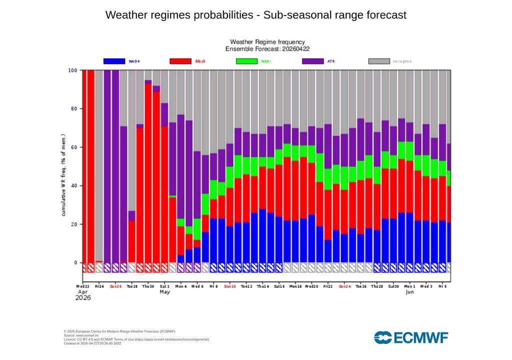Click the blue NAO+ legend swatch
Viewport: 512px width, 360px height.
coord(114,61)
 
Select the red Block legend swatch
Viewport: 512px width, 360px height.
coord(180,61)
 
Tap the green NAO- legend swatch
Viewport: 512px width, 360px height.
coord(246,61)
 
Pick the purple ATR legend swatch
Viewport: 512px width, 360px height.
coord(313,61)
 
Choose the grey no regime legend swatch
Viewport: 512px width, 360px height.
coord(379,61)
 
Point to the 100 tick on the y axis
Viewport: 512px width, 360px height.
coord(73,70)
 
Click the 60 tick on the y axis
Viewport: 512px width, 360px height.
coord(74,147)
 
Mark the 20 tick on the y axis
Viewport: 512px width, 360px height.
coord(74,224)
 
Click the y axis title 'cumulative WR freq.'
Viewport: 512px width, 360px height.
coord(64,175)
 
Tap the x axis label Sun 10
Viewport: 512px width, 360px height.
coord(230,287)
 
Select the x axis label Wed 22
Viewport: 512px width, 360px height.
coord(83,287)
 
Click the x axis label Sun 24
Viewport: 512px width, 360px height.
coord(345,287)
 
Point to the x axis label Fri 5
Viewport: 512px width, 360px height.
coord(442,287)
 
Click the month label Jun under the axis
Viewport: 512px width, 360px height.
coord(410,292)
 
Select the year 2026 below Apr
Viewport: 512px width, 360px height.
coord(83,298)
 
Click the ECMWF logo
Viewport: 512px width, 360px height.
coord(411,337)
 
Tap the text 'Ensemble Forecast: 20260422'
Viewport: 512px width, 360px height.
coord(267,49)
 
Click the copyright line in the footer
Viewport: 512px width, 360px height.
coord(119,331)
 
